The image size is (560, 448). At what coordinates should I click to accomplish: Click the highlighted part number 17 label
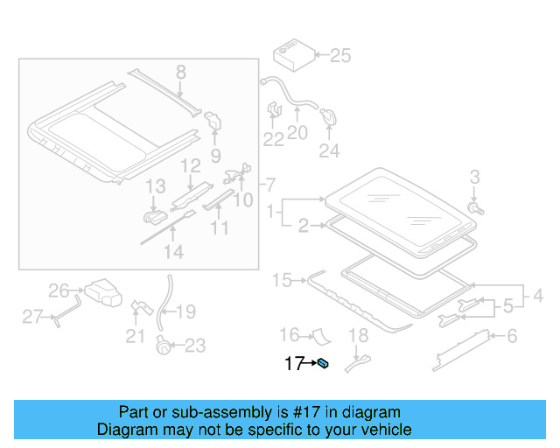(293, 363)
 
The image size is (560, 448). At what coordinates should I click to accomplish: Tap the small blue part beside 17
(323, 364)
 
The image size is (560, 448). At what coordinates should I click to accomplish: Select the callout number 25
(339, 56)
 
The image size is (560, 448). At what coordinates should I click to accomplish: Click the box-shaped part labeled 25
(290, 53)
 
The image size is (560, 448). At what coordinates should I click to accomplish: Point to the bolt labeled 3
(474, 208)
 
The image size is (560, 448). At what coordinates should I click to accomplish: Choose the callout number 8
(180, 72)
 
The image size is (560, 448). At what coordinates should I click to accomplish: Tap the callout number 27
(32, 317)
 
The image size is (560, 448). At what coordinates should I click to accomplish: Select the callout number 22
(274, 138)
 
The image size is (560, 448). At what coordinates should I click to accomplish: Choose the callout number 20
(297, 133)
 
